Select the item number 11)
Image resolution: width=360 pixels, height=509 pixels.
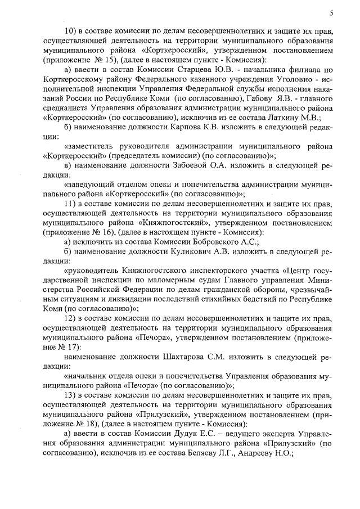pos(73,203)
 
